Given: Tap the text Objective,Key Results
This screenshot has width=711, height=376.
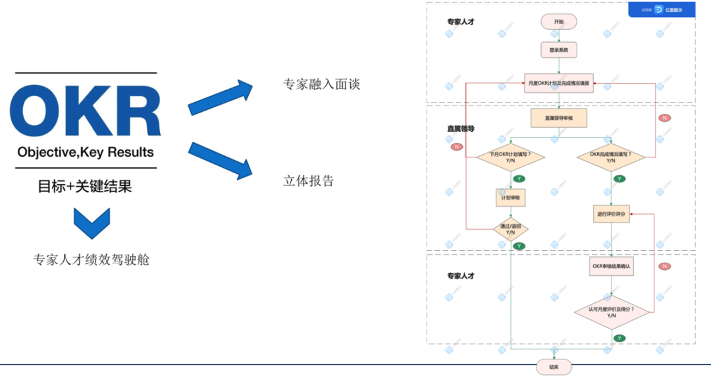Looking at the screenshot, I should click(86, 152).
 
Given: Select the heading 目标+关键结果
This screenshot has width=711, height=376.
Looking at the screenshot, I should click(85, 186).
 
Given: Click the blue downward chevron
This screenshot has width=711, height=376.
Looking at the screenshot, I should click(92, 223).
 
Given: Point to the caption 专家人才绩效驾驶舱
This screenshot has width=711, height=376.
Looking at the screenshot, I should click(92, 259).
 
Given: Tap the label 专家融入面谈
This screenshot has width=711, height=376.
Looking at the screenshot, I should click(322, 84).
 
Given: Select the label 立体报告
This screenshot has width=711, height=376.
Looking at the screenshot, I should click(309, 180).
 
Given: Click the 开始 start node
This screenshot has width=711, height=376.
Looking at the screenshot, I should click(559, 22).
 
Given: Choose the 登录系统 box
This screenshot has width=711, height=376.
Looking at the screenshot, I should click(559, 50).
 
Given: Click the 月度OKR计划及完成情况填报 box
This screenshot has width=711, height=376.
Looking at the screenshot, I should click(559, 83).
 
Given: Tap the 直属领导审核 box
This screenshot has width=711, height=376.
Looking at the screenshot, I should click(559, 118).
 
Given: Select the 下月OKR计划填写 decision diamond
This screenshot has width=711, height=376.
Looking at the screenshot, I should click(511, 157).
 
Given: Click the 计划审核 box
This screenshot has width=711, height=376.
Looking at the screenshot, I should click(511, 197).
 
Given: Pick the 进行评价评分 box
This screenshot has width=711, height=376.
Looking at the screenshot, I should click(611, 214).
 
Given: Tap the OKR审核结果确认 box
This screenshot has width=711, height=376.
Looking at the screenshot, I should click(611, 267).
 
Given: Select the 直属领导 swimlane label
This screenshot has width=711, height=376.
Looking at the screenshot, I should click(461, 128).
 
